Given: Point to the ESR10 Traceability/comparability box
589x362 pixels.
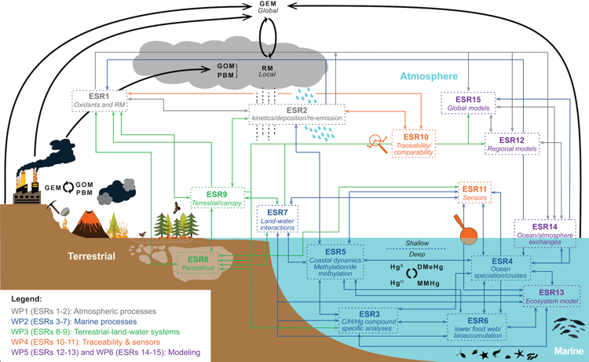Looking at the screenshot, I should (x=414, y=144).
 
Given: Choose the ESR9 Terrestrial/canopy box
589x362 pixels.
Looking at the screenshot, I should (x=218, y=198).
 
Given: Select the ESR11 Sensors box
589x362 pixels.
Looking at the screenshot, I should (x=474, y=194).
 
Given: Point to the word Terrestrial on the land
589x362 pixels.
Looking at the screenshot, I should (x=90, y=256).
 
